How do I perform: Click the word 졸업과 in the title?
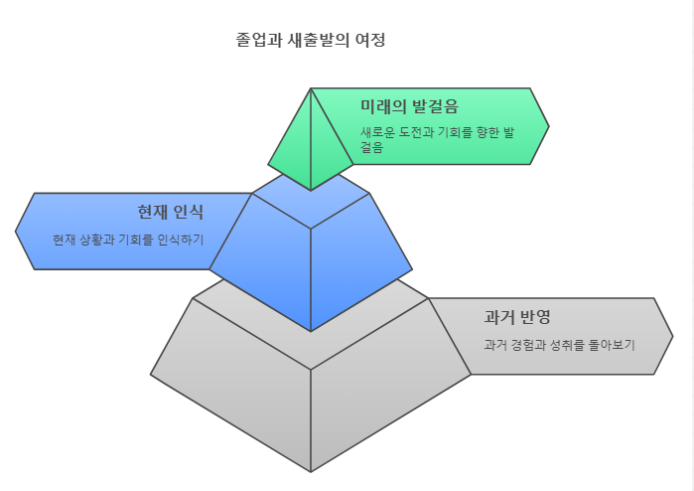point(255,41)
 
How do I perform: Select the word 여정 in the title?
point(369,41)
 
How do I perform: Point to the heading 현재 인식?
point(170,212)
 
